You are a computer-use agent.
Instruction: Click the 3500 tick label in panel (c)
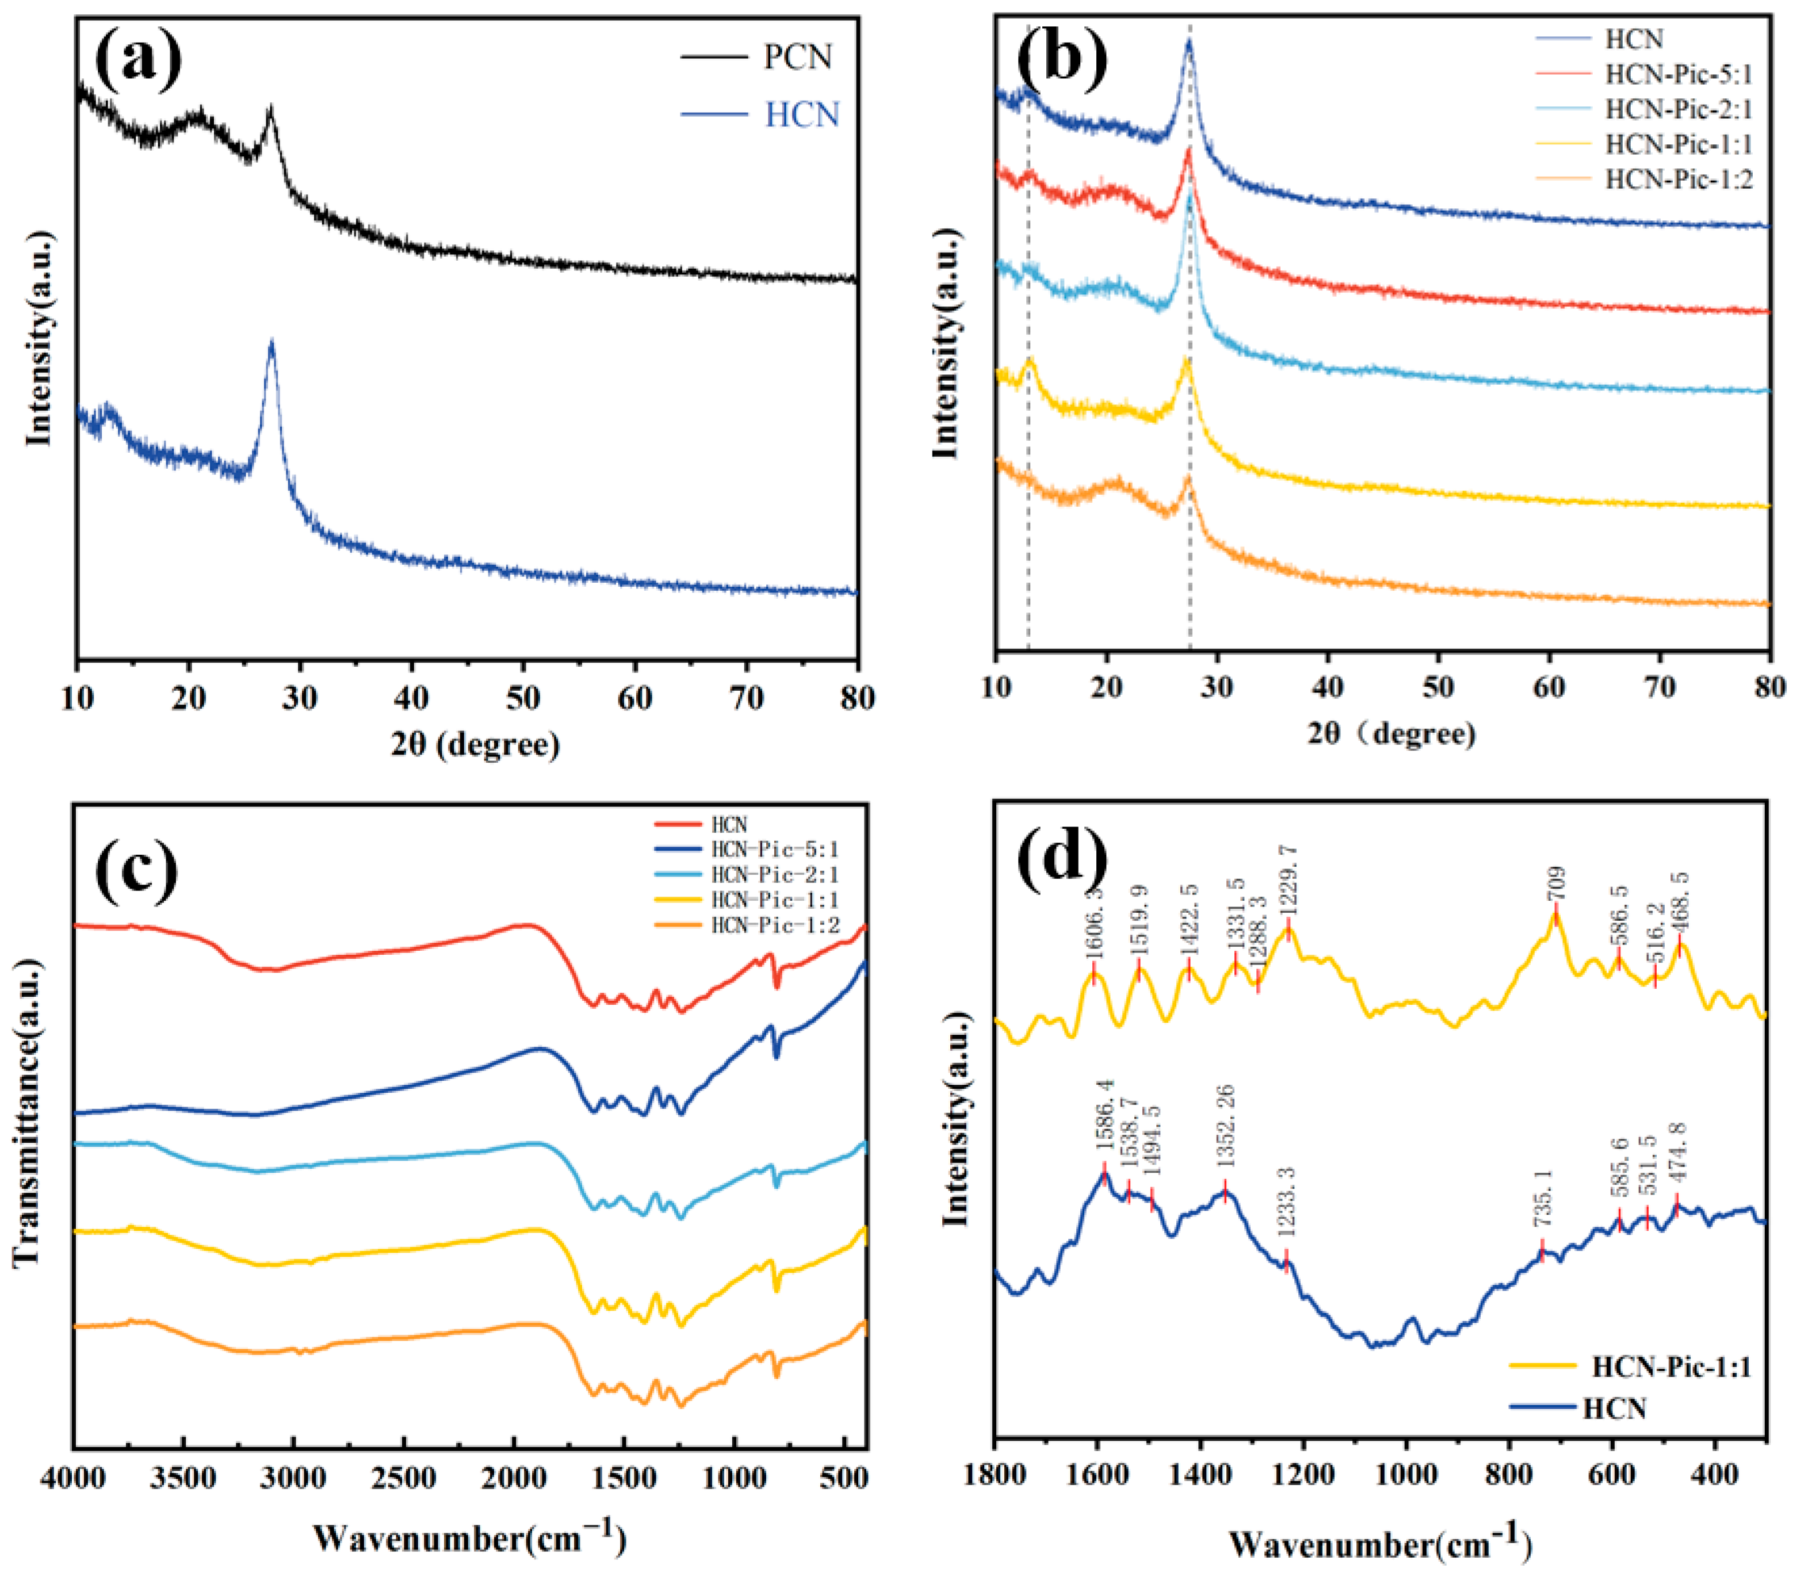click(x=183, y=1478)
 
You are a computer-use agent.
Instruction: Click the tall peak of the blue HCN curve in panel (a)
click(x=272, y=345)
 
